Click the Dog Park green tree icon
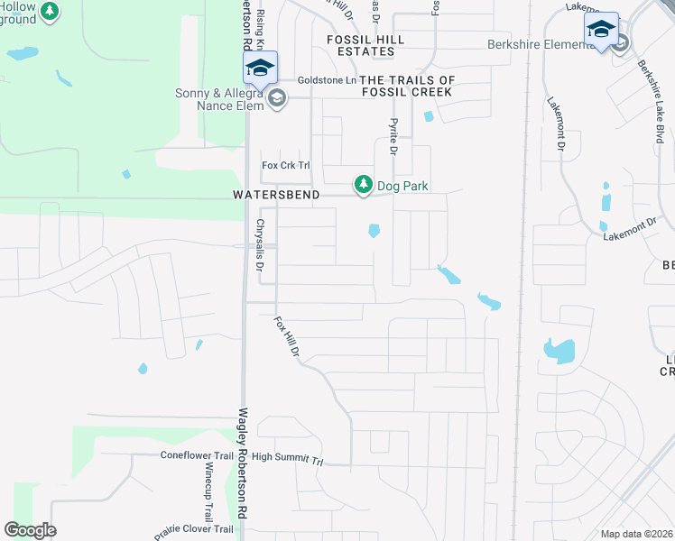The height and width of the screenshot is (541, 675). click(363, 185)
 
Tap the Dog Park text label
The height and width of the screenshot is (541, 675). click(402, 186)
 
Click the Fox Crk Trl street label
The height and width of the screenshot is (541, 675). click(285, 165)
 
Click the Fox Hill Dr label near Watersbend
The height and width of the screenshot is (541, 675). click(287, 335)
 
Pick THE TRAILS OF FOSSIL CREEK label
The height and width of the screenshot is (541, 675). click(408, 86)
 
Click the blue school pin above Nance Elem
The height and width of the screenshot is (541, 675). click(260, 69)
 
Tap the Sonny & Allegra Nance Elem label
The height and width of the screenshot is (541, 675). click(219, 99)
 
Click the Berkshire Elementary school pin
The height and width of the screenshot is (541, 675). click(601, 31)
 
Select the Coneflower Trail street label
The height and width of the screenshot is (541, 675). click(197, 456)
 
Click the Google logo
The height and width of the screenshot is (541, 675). click(30, 530)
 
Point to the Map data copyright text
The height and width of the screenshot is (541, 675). click(635, 534)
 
